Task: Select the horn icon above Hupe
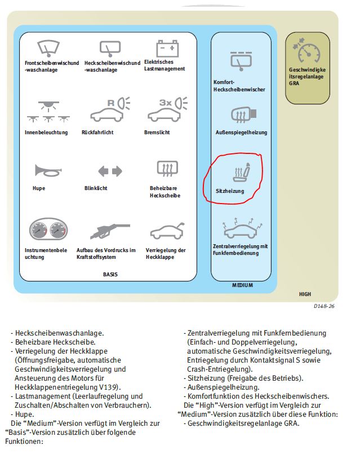coord(47,170)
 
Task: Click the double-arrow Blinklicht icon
coord(110,170)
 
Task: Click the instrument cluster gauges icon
coord(48,231)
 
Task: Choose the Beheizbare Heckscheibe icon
coord(167,169)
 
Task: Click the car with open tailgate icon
coord(166,232)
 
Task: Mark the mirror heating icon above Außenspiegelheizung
coord(243,115)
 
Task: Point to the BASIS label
coord(111,275)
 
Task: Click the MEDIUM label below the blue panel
coord(242,285)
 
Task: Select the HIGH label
coord(305,294)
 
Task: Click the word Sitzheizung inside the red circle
coord(230,192)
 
